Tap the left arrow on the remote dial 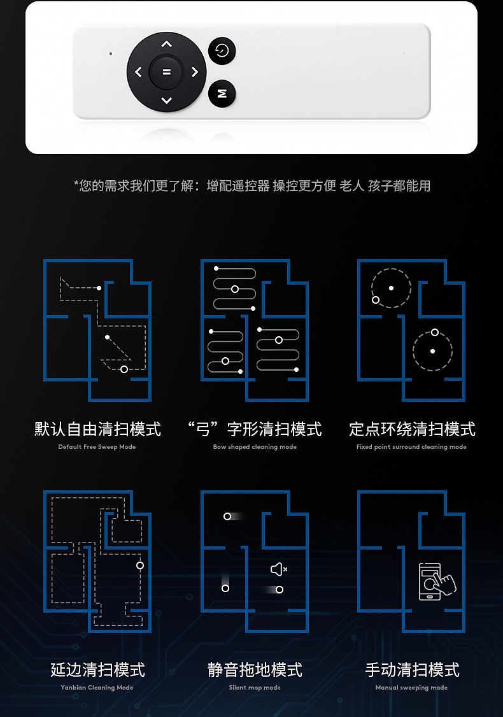[138, 73]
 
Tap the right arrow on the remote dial [195, 73]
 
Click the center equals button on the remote [166, 72]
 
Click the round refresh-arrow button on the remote [222, 51]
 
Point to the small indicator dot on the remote [111, 53]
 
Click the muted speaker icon [279, 569]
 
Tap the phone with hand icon [436, 581]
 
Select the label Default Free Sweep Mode [97, 447]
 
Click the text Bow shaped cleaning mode [255, 447]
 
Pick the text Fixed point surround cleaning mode [411, 447]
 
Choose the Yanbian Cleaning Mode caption [97, 688]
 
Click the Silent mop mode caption [255, 688]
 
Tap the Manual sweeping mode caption [411, 688]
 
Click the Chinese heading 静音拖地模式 [255, 670]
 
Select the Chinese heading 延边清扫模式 [97, 670]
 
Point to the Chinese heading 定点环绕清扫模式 [412, 429]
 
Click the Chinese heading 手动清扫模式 [412, 670]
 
